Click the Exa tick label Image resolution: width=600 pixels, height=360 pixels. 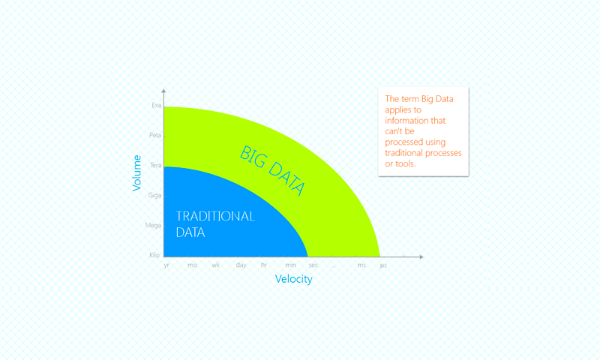(x=157, y=105)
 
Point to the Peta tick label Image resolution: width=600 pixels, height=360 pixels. (x=155, y=135)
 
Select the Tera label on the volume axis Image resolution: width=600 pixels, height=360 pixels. (x=156, y=165)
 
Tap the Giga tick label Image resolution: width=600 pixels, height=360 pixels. (x=155, y=196)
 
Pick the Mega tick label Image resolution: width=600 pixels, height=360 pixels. (x=154, y=225)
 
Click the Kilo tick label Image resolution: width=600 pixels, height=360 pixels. (x=154, y=255)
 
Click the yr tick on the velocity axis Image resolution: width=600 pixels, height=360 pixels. (x=166, y=265)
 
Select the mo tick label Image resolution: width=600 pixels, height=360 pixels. (x=193, y=265)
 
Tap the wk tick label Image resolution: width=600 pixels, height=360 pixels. (x=216, y=265)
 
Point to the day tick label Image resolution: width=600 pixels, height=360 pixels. (x=241, y=265)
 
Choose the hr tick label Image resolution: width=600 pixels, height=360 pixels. (x=264, y=265)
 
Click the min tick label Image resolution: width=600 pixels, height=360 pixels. (x=290, y=265)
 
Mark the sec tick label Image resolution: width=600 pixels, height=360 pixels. (x=313, y=265)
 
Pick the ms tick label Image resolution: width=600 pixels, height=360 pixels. (x=361, y=265)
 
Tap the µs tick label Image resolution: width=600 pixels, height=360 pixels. (x=383, y=265)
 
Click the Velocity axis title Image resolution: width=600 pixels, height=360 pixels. (x=294, y=279)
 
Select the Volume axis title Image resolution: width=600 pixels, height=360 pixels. (x=136, y=173)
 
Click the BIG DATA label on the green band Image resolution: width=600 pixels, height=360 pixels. (x=272, y=171)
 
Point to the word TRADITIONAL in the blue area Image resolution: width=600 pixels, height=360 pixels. (x=215, y=217)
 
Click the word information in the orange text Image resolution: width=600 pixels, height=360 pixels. (x=415, y=121)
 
